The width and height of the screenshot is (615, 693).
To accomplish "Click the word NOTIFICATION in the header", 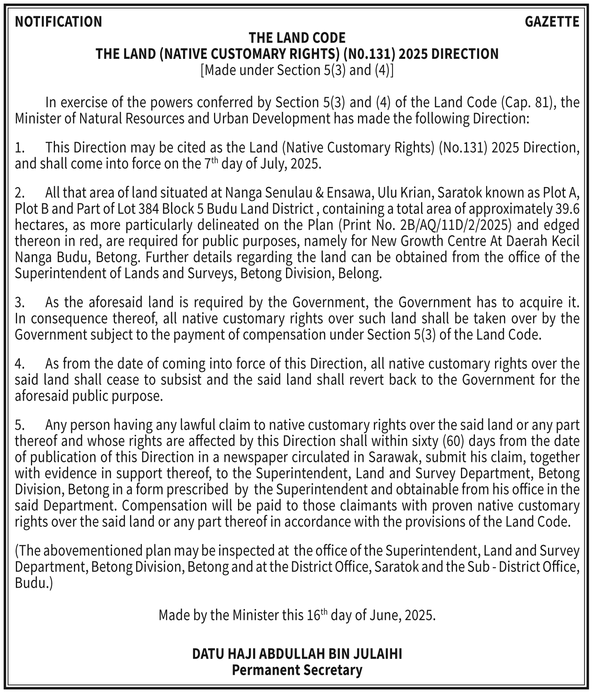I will [x=58, y=22].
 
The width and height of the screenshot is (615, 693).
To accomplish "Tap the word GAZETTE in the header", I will [x=552, y=22].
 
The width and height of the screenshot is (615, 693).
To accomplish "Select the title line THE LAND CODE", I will [x=297, y=38].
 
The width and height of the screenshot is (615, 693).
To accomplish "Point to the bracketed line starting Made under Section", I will [x=297, y=70].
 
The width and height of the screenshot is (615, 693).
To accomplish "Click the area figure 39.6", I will [x=567, y=209].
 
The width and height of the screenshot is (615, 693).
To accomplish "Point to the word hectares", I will [x=37, y=225].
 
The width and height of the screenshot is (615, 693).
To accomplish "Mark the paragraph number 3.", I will [x=19, y=302].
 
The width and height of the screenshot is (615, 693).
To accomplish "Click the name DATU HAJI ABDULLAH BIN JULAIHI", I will [x=297, y=654].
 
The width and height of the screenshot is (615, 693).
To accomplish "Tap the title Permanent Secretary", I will [x=297, y=670].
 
